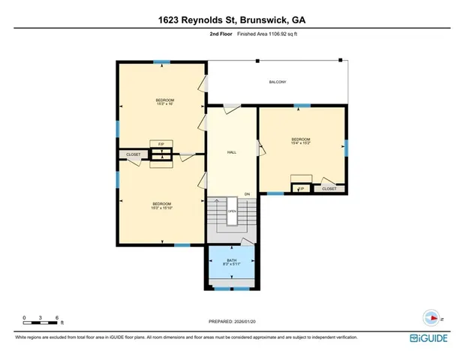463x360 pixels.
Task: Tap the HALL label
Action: point(232,152)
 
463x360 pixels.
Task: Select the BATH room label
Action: point(231,262)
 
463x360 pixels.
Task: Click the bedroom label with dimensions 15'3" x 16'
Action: point(164,102)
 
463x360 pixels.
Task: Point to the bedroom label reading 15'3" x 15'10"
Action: point(161,206)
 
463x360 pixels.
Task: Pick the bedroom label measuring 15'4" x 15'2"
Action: point(300,141)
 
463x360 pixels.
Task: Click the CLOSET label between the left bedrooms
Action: point(133,155)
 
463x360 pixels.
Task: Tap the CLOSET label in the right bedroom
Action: point(329,189)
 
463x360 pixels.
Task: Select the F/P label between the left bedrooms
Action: point(161,142)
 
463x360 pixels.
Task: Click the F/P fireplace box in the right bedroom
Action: point(302,189)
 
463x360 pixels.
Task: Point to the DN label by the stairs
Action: point(246,195)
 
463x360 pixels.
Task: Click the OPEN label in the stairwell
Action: point(233,211)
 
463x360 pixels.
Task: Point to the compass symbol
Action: point(431,316)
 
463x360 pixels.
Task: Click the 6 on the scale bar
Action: point(58,316)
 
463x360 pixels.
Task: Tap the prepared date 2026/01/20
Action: point(254,322)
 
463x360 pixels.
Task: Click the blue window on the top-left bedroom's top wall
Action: point(161,62)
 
